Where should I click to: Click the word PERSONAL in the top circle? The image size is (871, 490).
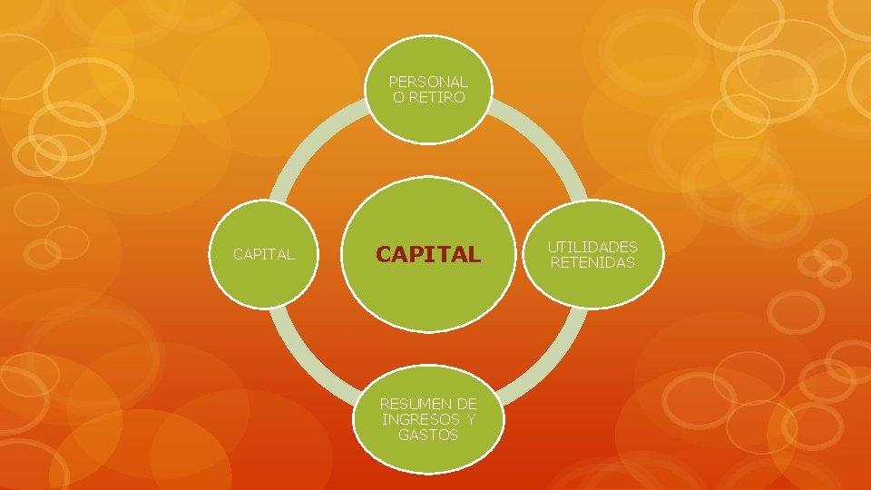point(428,82)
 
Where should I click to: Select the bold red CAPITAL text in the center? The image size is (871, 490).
point(428,255)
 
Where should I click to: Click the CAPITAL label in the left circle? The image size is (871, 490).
point(263,255)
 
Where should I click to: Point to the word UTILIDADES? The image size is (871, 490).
point(592,247)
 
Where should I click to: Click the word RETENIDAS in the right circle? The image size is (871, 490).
point(592,263)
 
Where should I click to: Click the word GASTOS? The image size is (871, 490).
point(428,435)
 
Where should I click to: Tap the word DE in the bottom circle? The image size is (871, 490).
point(467,403)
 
